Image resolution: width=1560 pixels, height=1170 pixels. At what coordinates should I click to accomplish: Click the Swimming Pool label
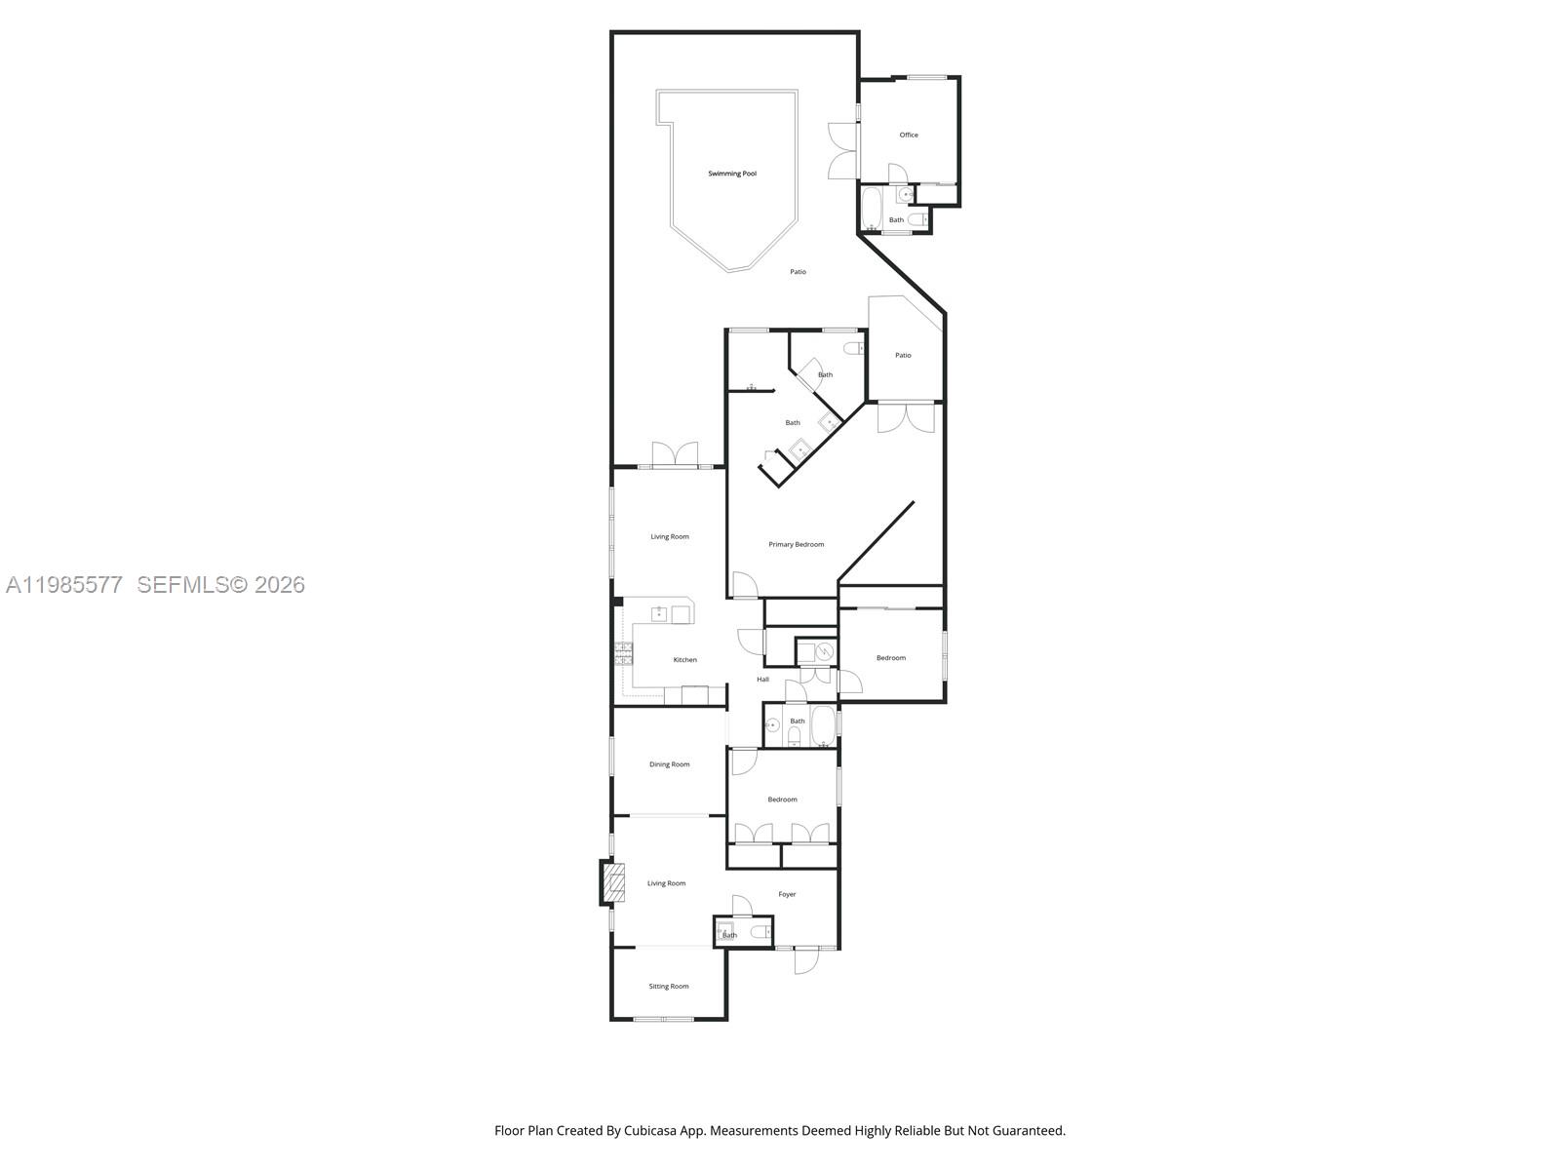732,174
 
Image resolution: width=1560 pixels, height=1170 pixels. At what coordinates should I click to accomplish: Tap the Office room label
909,135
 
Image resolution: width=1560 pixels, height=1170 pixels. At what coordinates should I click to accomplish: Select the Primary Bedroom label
796,544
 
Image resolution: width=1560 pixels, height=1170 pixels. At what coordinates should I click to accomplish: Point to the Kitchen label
685,660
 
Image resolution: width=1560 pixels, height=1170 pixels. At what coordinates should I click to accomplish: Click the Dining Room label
669,764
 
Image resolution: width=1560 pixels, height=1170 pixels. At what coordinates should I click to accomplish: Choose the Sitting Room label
669,986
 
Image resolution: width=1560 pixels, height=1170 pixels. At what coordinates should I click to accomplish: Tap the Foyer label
787,894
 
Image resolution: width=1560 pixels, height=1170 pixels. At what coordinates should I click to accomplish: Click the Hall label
762,680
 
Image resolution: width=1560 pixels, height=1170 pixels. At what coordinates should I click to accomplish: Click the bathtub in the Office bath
872,208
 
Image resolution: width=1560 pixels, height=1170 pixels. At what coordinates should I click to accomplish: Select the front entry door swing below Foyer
806,961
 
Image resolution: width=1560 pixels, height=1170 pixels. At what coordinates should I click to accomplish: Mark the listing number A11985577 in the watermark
64,585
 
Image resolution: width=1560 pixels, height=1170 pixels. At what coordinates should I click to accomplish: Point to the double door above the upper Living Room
676,454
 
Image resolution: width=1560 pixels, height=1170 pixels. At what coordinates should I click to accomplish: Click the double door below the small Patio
906,417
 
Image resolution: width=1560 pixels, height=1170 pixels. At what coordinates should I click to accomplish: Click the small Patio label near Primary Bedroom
903,355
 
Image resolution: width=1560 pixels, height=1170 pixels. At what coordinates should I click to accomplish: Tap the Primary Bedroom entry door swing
744,585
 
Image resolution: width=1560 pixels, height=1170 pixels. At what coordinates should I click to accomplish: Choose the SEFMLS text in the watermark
182,585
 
